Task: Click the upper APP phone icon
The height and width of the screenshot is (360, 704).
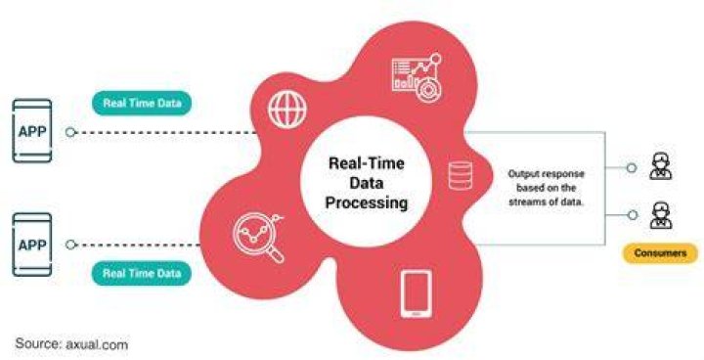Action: point(32,131)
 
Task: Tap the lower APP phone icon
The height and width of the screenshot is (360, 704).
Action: point(32,245)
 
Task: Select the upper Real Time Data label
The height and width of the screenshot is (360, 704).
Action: point(142,103)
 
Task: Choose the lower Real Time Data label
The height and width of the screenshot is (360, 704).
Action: point(142,273)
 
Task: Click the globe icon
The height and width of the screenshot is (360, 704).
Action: point(287,110)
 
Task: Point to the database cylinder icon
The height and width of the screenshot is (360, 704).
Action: point(461,175)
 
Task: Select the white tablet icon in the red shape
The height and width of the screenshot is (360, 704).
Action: point(417,293)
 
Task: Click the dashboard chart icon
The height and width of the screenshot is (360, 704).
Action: point(418,77)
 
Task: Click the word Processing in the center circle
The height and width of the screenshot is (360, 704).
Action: point(367,202)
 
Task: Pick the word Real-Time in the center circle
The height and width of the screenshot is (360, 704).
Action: point(367,162)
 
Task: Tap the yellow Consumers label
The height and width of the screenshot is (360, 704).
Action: point(660,253)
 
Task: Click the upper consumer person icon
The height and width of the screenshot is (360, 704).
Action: point(661,166)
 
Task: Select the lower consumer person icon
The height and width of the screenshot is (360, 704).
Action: point(661,215)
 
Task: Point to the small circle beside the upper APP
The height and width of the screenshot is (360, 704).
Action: point(70,132)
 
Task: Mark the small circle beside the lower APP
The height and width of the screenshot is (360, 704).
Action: point(70,245)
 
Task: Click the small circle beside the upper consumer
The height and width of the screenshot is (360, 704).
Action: point(632,167)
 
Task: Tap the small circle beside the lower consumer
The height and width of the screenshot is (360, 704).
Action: point(633,215)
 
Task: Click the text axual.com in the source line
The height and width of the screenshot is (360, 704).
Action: point(97,344)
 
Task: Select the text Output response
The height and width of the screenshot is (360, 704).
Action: point(546,174)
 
